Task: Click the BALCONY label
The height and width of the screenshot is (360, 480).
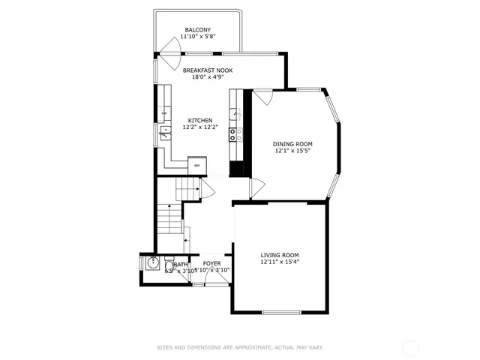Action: pyautogui.click(x=198, y=30)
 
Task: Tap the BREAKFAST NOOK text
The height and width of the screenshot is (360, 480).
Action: pyautogui.click(x=208, y=70)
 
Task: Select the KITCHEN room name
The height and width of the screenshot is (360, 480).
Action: pyautogui.click(x=200, y=120)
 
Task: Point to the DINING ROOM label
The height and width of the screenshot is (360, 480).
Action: pyautogui.click(x=292, y=143)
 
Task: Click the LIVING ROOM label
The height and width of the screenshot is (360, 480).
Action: pyautogui.click(x=280, y=255)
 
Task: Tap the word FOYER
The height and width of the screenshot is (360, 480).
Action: pyautogui.click(x=211, y=263)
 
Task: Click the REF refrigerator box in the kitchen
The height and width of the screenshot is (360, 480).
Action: pyautogui.click(x=198, y=165)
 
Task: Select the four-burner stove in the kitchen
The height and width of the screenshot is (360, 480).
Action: pyautogui.click(x=236, y=135)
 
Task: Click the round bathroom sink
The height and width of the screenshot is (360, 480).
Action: pyautogui.click(x=153, y=265)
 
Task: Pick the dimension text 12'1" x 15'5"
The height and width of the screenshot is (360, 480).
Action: pyautogui.click(x=292, y=151)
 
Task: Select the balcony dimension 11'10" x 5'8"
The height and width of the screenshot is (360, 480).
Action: pyautogui.click(x=198, y=37)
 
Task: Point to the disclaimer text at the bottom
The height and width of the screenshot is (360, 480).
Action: pyautogui.click(x=239, y=347)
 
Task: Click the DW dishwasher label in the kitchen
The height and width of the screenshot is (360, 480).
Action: pyautogui.click(x=163, y=114)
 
